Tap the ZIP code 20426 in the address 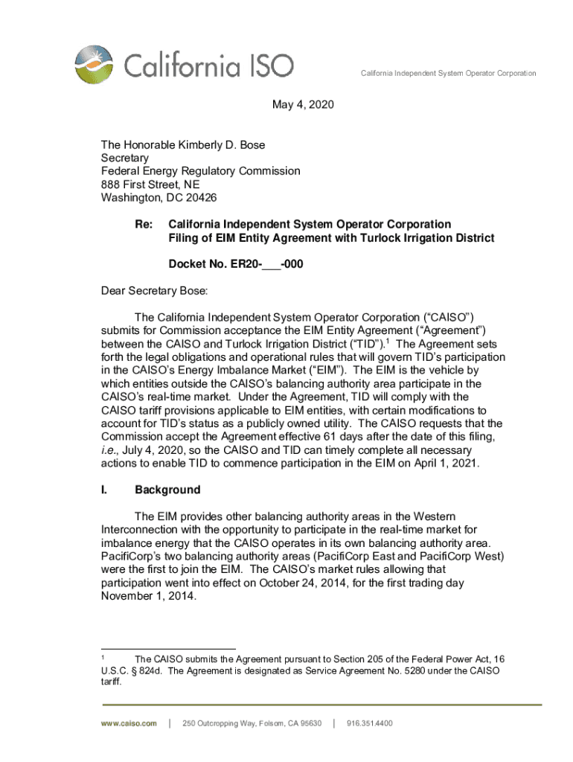[x=195, y=198]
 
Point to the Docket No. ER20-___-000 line [x=236, y=264]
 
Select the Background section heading [x=167, y=490]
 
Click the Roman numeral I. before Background [x=104, y=490]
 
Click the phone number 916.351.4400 [x=369, y=723]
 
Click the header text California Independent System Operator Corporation [x=448, y=74]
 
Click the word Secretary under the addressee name [x=125, y=158]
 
